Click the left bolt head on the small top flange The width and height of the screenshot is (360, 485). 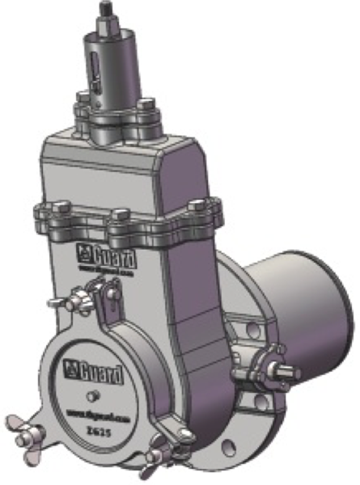coord(83,101)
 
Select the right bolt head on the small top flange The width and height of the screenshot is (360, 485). coord(146,105)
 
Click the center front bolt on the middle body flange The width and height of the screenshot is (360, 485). coord(121,215)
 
